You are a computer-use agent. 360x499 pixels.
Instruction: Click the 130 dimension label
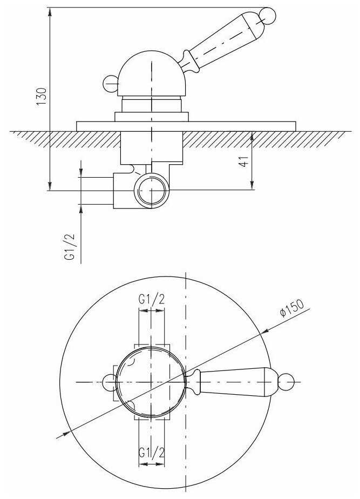pos(42,97)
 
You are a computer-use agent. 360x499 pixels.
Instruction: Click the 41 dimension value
pos(244,161)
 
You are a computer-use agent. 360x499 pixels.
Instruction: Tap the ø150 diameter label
pos(291,307)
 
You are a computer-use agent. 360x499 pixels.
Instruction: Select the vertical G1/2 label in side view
pos(70,247)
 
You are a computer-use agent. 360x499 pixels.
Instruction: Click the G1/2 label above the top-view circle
pos(151,299)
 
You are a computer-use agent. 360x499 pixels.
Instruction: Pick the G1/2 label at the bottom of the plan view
pos(151,453)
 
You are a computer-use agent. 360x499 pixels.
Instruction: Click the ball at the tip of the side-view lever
pos(267,16)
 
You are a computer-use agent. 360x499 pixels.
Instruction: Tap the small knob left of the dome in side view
pos(111,84)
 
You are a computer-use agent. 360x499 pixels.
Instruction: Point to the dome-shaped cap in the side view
pos(151,73)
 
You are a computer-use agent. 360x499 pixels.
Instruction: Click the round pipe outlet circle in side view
pos(151,190)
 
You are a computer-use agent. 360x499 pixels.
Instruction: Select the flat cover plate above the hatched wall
pos(186,126)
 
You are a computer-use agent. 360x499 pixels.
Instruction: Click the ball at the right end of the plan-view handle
pos(286,382)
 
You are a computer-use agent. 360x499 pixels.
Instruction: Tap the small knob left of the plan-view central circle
pos(109,382)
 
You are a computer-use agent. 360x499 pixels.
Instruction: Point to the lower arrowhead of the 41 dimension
pos(252,186)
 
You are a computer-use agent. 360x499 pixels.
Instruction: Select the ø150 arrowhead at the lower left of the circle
pos(65,433)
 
